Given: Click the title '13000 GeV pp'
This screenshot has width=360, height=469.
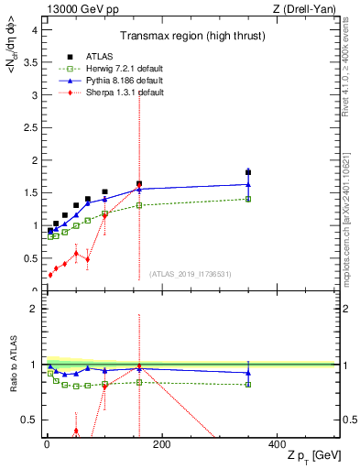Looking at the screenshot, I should [x=79, y=8].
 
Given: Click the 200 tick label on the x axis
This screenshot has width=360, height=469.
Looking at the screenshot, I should [x=162, y=444].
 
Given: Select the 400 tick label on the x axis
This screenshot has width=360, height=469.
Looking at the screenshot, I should [x=278, y=444].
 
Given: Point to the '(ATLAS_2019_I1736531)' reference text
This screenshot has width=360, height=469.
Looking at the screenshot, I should [x=191, y=273].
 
